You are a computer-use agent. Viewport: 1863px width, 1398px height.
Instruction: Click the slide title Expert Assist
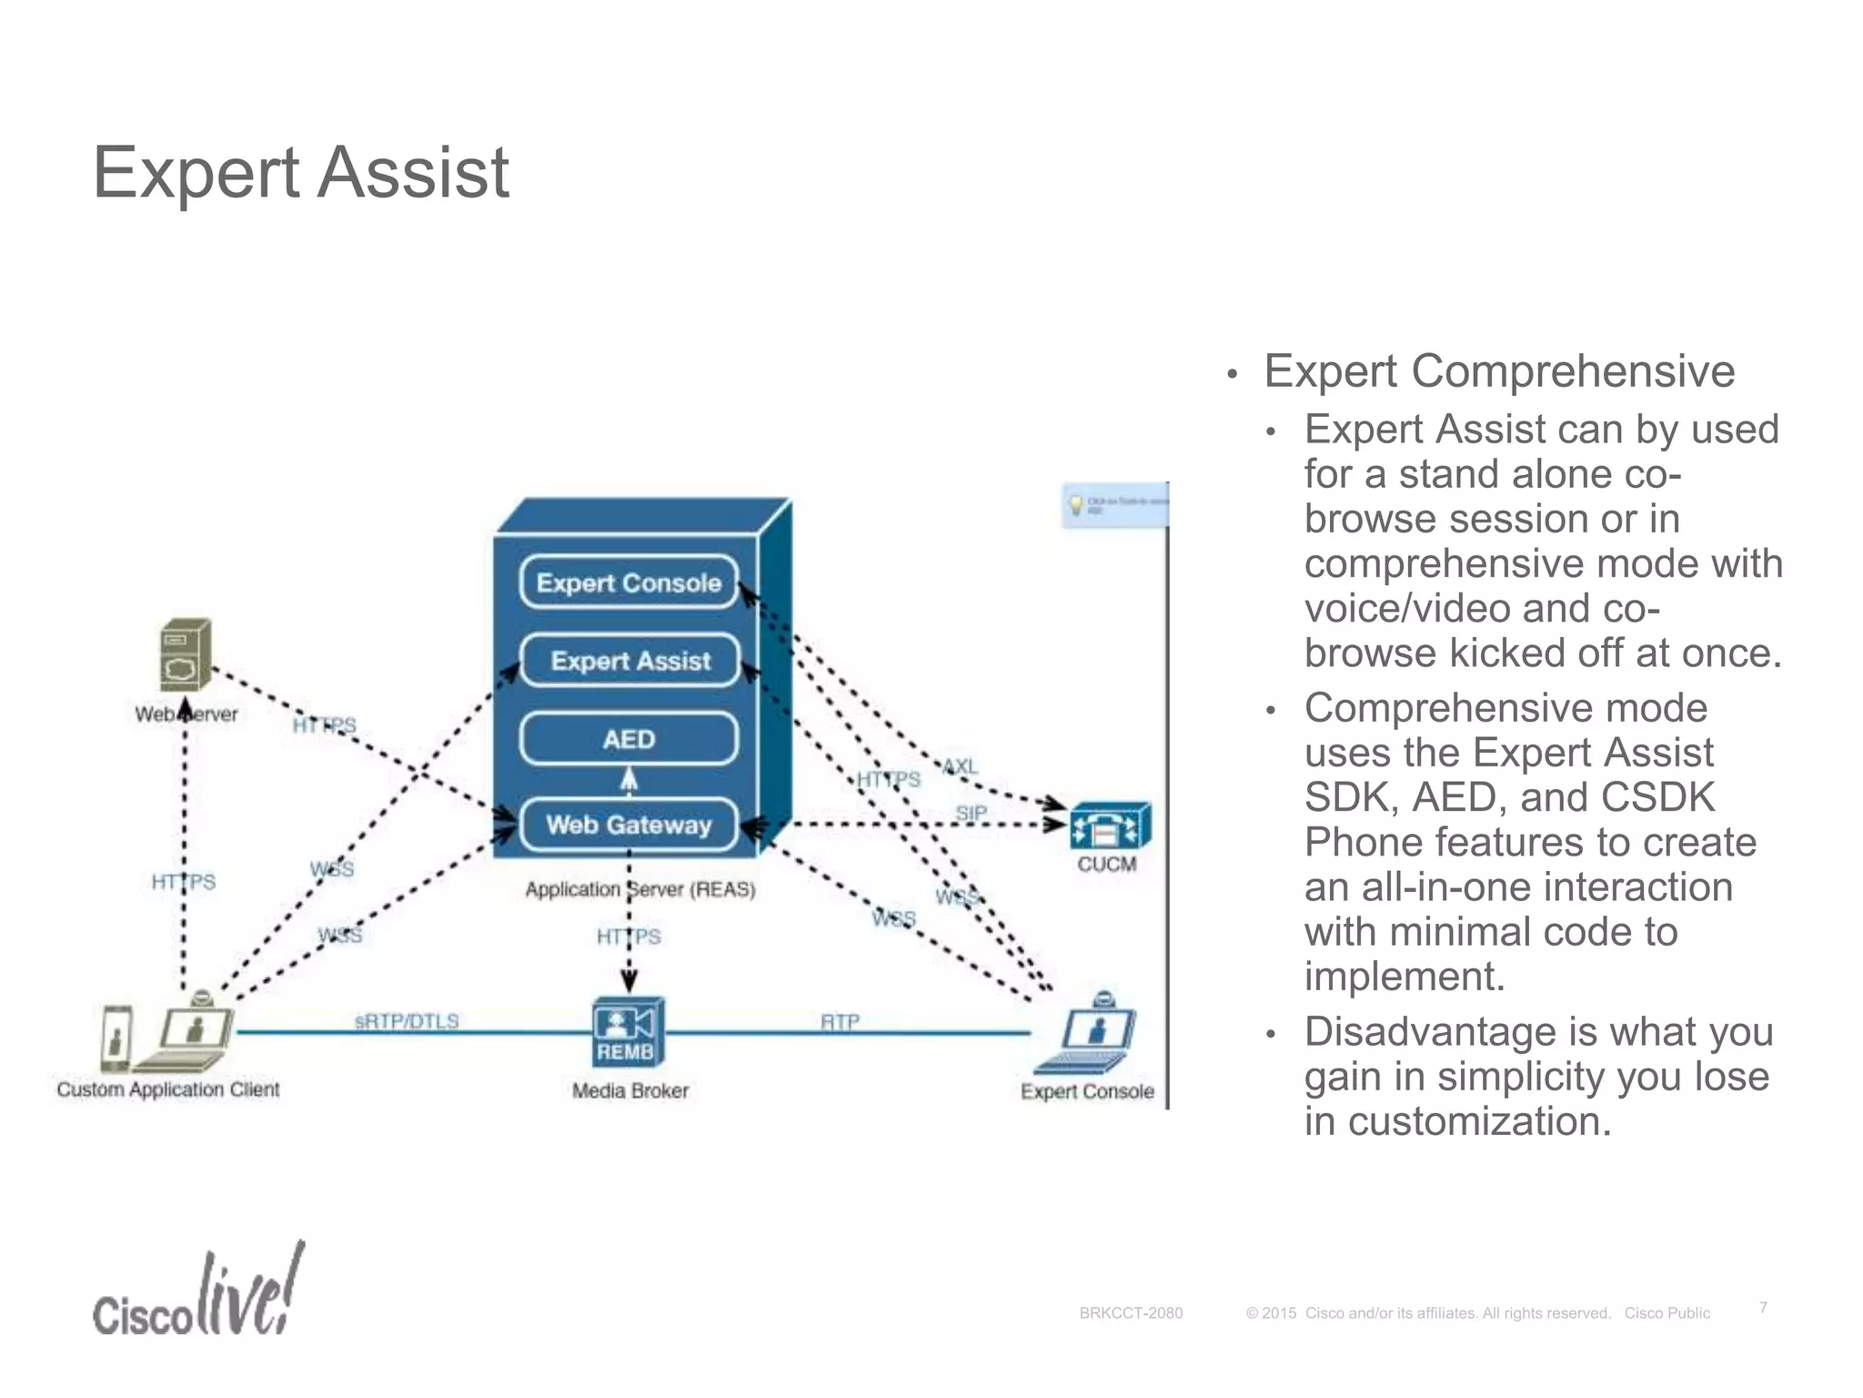(300, 173)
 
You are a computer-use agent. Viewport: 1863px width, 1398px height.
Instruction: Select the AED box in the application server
(629, 738)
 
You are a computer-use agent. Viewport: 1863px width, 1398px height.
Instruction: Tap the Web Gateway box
(629, 825)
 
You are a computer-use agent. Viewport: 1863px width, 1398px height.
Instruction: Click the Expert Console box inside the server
(629, 582)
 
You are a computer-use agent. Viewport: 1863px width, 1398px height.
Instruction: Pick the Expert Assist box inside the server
(629, 660)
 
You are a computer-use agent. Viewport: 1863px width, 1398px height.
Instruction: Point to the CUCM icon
(1109, 826)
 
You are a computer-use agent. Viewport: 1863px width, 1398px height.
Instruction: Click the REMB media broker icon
(627, 1032)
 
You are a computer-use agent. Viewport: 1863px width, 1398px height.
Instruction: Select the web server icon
(186, 655)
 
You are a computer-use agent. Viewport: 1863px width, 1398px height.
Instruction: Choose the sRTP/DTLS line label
(407, 1021)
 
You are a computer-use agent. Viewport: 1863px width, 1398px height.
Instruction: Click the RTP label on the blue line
(840, 1021)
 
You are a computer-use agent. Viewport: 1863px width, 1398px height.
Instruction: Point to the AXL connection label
(960, 766)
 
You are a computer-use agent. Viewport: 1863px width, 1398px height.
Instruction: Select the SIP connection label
(971, 812)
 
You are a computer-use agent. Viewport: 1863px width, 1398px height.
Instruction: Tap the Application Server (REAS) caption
(640, 889)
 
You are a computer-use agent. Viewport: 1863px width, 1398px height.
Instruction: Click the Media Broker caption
(629, 1090)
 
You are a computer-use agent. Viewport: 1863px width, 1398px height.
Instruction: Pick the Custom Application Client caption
(168, 1089)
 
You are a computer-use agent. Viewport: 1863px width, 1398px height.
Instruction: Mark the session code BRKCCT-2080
(1131, 1313)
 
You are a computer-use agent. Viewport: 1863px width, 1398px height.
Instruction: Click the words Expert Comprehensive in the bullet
(1499, 371)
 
